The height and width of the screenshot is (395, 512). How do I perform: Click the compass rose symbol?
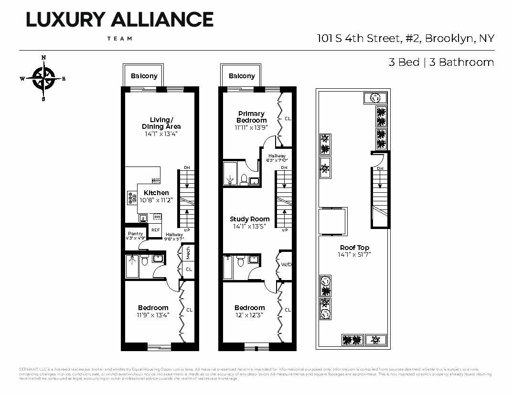(x=43, y=79)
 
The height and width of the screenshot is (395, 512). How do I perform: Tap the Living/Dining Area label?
(x=161, y=123)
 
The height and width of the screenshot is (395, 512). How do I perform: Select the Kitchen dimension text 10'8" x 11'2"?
(x=156, y=200)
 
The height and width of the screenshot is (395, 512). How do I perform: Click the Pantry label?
(x=135, y=234)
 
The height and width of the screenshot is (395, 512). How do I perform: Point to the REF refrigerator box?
(x=155, y=230)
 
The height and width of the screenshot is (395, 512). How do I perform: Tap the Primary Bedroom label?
(x=251, y=117)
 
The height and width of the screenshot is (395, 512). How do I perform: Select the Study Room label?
(x=250, y=219)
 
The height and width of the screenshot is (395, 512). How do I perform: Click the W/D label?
(x=286, y=264)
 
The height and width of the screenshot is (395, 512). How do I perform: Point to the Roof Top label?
(x=354, y=248)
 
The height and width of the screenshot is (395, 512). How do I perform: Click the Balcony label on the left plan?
(x=144, y=76)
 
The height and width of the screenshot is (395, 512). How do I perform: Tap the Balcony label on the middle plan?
(x=242, y=76)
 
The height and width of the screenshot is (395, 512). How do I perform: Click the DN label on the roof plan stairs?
(x=380, y=168)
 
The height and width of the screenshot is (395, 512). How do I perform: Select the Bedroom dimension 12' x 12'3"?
(x=249, y=315)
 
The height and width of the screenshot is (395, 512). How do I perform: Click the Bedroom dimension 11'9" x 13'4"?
(x=153, y=315)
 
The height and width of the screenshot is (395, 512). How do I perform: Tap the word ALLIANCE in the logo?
(x=162, y=20)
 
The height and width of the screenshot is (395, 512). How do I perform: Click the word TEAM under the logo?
(x=119, y=39)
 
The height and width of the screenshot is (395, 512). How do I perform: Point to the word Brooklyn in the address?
(x=448, y=38)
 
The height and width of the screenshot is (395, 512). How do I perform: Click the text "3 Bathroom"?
(x=461, y=62)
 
